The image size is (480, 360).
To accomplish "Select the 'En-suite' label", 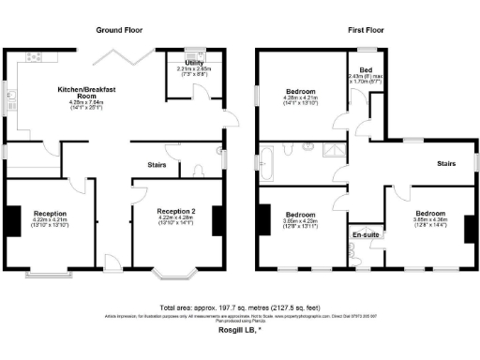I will coord(365,233).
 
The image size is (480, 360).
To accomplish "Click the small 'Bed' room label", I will coord(366,70).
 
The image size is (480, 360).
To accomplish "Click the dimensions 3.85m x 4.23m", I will coord(300,220).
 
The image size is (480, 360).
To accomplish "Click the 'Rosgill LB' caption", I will coord(240,329).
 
